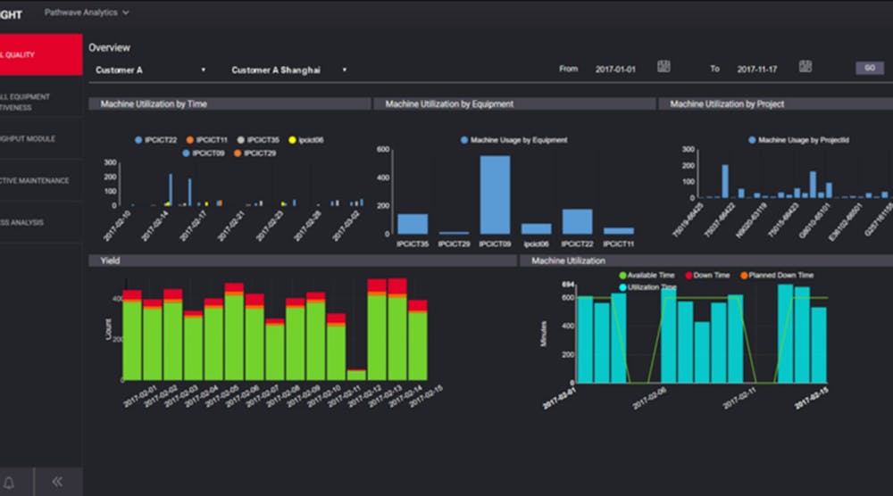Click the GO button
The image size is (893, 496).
(869, 69)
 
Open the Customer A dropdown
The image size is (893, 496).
(150, 70)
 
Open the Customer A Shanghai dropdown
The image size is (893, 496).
(288, 70)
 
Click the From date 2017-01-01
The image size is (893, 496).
(614, 69)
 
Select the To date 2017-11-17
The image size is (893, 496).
(755, 69)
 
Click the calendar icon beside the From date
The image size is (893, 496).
(663, 67)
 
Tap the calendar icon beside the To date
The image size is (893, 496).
(805, 67)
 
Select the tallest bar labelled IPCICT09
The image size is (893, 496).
(495, 194)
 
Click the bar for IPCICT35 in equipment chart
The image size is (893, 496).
(413, 223)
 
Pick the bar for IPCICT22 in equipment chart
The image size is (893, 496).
(577, 221)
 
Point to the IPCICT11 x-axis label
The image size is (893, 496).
(618, 244)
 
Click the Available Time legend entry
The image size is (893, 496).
(647, 276)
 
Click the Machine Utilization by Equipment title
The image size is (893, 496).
(449, 104)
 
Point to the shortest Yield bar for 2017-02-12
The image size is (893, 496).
(356, 374)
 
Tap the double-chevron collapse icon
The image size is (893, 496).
(57, 482)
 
